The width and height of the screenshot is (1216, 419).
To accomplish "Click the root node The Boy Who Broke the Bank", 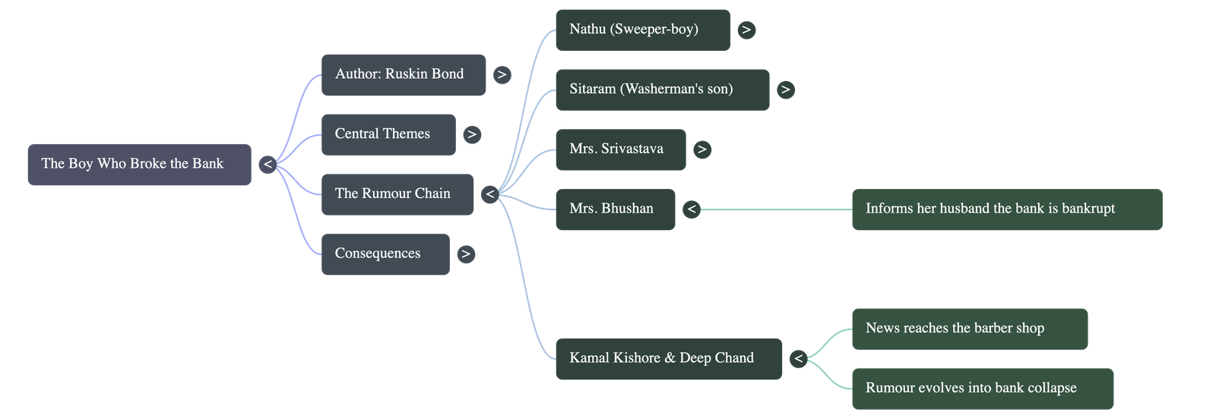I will tap(139, 164).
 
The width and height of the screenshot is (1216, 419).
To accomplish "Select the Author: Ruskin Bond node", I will tap(404, 74).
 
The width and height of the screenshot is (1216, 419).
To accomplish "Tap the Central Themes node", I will tap(388, 134).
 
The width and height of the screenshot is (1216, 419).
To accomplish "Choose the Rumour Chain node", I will tap(397, 194).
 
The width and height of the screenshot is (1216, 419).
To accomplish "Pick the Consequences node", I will tap(385, 254).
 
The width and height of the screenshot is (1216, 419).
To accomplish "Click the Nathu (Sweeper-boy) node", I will tap(642, 30).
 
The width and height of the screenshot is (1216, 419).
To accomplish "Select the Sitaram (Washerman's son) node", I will tap(662, 90).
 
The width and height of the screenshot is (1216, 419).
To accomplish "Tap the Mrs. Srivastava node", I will tap(620, 150).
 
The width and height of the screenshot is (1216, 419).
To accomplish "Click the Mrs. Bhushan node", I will tap(615, 209).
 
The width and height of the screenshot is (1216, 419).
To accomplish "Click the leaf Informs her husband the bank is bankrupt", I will tap(1006, 209).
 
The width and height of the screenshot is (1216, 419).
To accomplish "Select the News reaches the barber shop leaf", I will tap(969, 329).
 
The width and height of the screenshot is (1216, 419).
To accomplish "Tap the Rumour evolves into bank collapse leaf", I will tap(982, 389).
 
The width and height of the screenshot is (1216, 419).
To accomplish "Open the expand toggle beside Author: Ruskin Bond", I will tap(502, 74).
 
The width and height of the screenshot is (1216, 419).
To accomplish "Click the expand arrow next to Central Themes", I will tap(472, 134).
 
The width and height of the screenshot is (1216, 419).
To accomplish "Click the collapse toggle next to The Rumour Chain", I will tap(490, 194).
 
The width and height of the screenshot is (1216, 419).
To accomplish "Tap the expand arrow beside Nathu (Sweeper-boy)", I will tap(746, 30).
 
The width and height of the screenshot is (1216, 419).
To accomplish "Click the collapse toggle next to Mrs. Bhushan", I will tap(691, 209).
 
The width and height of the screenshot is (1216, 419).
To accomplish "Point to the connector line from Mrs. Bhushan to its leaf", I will tap(775, 209).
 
